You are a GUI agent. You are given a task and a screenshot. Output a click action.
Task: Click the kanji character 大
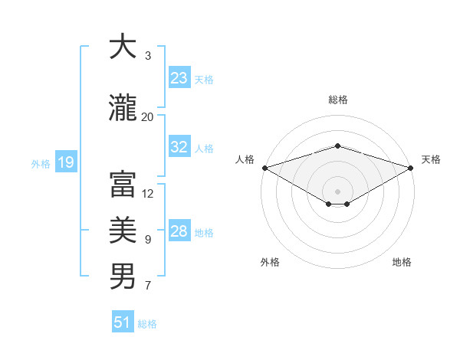(123, 48)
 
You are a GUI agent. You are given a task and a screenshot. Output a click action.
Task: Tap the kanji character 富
(123, 185)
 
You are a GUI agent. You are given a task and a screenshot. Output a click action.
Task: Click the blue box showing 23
(179, 78)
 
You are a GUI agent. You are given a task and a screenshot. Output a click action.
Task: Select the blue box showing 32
(179, 147)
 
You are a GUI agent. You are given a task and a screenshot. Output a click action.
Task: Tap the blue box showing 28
(179, 231)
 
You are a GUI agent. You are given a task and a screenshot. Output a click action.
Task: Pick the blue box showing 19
(65, 162)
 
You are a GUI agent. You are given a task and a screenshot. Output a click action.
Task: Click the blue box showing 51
(123, 322)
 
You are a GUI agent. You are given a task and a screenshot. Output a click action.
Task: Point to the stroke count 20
(147, 116)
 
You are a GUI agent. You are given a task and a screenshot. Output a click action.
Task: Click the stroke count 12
(148, 193)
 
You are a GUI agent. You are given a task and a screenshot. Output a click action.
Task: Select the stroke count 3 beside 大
(148, 56)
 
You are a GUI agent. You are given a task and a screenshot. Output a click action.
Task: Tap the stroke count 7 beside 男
(148, 286)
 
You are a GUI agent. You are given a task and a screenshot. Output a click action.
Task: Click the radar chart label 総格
(337, 100)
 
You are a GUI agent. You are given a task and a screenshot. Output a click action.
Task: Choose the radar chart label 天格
(431, 159)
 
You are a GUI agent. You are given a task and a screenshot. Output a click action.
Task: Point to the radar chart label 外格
(270, 262)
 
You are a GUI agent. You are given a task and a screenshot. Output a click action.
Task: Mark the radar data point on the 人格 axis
(264, 168)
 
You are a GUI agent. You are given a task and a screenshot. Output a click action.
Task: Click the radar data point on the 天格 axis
(410, 168)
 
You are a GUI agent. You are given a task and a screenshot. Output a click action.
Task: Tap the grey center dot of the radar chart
(337, 191)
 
